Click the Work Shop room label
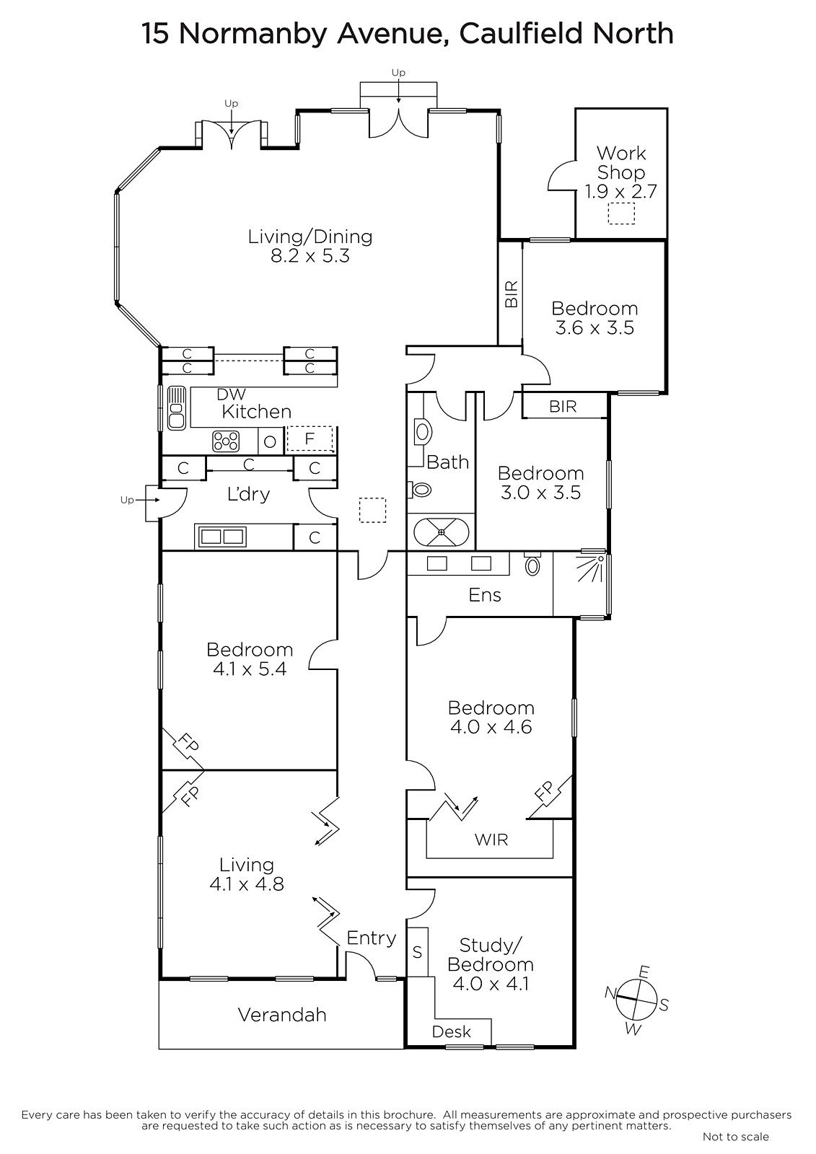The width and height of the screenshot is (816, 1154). click(620, 163)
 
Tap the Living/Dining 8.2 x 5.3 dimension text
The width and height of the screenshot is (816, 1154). click(310, 255)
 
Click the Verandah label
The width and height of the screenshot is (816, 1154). click(282, 1015)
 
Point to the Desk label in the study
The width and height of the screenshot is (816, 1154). click(452, 1032)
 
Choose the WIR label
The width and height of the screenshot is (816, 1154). click(491, 840)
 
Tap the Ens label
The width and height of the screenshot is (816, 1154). click(485, 595)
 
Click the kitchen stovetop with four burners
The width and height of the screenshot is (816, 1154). click(226, 441)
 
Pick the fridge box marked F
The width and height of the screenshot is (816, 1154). click(310, 439)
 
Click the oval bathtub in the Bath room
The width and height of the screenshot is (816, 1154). click(442, 532)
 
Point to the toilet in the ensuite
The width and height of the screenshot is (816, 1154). click(532, 564)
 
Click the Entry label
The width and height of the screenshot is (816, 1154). click(371, 938)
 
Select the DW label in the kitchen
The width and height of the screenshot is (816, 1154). click(231, 394)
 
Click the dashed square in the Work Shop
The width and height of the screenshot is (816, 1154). click(621, 213)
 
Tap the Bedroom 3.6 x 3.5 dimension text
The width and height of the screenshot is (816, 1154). click(595, 327)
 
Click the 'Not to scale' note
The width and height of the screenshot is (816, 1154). click(736, 1137)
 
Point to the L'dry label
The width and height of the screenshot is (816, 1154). click(248, 494)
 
